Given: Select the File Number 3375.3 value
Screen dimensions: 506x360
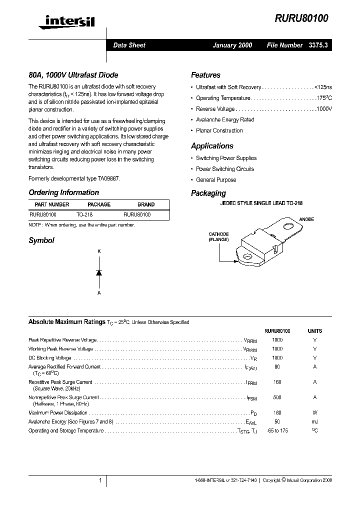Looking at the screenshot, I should point(317,45).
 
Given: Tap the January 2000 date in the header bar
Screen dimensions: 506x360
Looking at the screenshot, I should point(232,45).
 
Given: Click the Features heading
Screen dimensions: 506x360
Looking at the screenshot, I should point(205,75).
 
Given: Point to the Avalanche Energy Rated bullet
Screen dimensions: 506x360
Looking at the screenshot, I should point(225,120).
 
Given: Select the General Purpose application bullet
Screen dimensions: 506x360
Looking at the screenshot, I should point(216,180).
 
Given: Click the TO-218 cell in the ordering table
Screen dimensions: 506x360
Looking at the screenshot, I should point(84,214).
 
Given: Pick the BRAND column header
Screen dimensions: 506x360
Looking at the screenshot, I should point(146,204).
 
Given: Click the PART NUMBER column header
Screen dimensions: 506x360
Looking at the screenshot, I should point(52,204).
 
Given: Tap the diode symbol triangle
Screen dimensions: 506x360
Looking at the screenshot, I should point(99,272).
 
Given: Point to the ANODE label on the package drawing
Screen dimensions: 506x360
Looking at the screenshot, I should point(306,219).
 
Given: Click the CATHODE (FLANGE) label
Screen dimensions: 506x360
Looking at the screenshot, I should point(219,237).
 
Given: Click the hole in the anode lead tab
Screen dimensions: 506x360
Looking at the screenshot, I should point(288,226).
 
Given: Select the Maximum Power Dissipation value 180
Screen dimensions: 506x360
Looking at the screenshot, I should point(277,413).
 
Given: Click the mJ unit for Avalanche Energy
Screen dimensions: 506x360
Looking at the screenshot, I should point(315,422).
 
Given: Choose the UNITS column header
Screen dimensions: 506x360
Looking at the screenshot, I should point(315,331).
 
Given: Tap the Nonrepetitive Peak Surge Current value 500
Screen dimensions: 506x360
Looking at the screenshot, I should point(277,397).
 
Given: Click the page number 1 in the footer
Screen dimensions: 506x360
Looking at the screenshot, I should point(100,480).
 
